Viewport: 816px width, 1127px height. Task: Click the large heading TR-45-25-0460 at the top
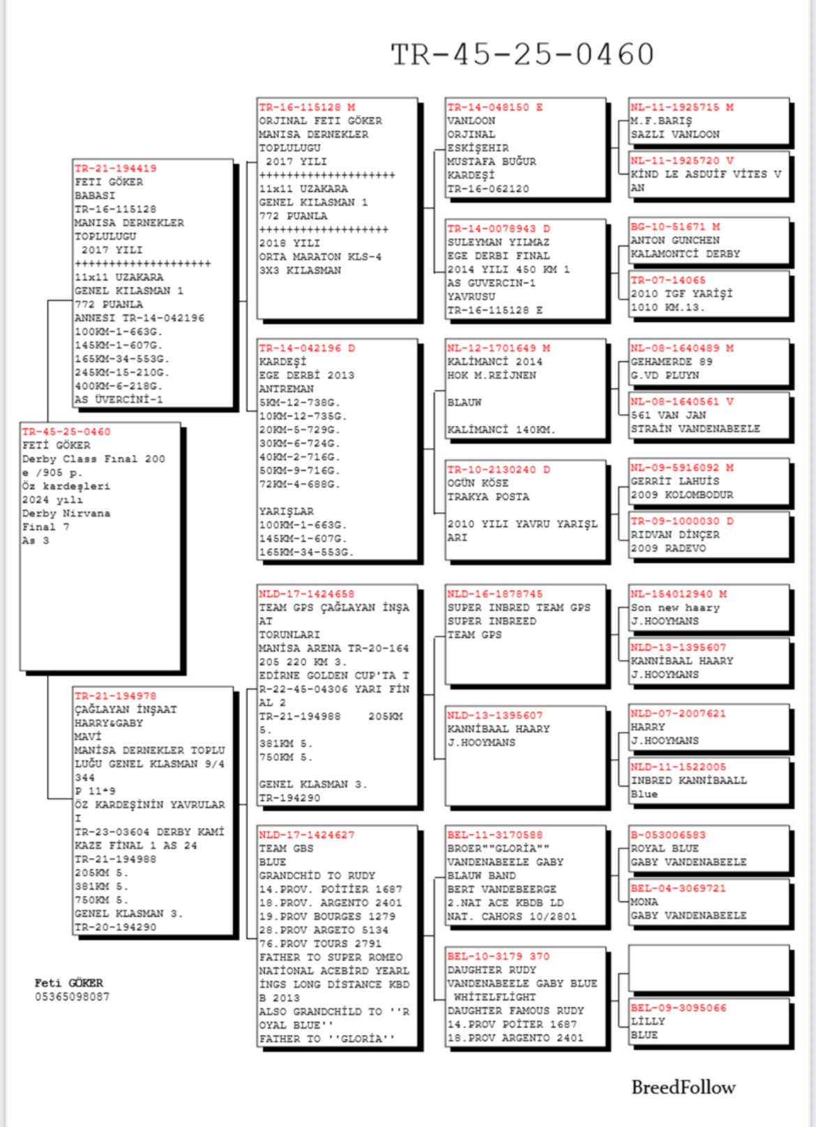(x=522, y=54)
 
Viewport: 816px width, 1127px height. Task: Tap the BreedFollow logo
(x=683, y=1087)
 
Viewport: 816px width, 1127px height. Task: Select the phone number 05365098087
(x=72, y=997)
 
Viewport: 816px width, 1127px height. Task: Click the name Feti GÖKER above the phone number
(x=68, y=983)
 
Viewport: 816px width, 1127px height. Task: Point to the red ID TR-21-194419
(x=115, y=169)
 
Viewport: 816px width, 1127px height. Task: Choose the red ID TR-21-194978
(x=115, y=696)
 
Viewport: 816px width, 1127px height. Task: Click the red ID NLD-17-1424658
(x=306, y=595)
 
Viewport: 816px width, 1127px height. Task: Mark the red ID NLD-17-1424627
(x=306, y=835)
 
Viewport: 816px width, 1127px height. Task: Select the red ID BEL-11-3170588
(x=494, y=835)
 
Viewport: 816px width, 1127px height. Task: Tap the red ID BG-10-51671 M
(x=675, y=227)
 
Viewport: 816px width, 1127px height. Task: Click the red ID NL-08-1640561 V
(x=681, y=401)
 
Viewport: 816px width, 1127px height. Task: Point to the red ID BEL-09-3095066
(x=678, y=1008)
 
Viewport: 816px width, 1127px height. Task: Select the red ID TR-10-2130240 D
(x=498, y=470)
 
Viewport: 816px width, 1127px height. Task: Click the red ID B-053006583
(x=667, y=835)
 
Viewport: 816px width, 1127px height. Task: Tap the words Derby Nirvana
(x=66, y=514)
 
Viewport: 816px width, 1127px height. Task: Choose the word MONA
(x=644, y=902)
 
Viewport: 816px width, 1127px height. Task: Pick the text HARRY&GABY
(x=108, y=723)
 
